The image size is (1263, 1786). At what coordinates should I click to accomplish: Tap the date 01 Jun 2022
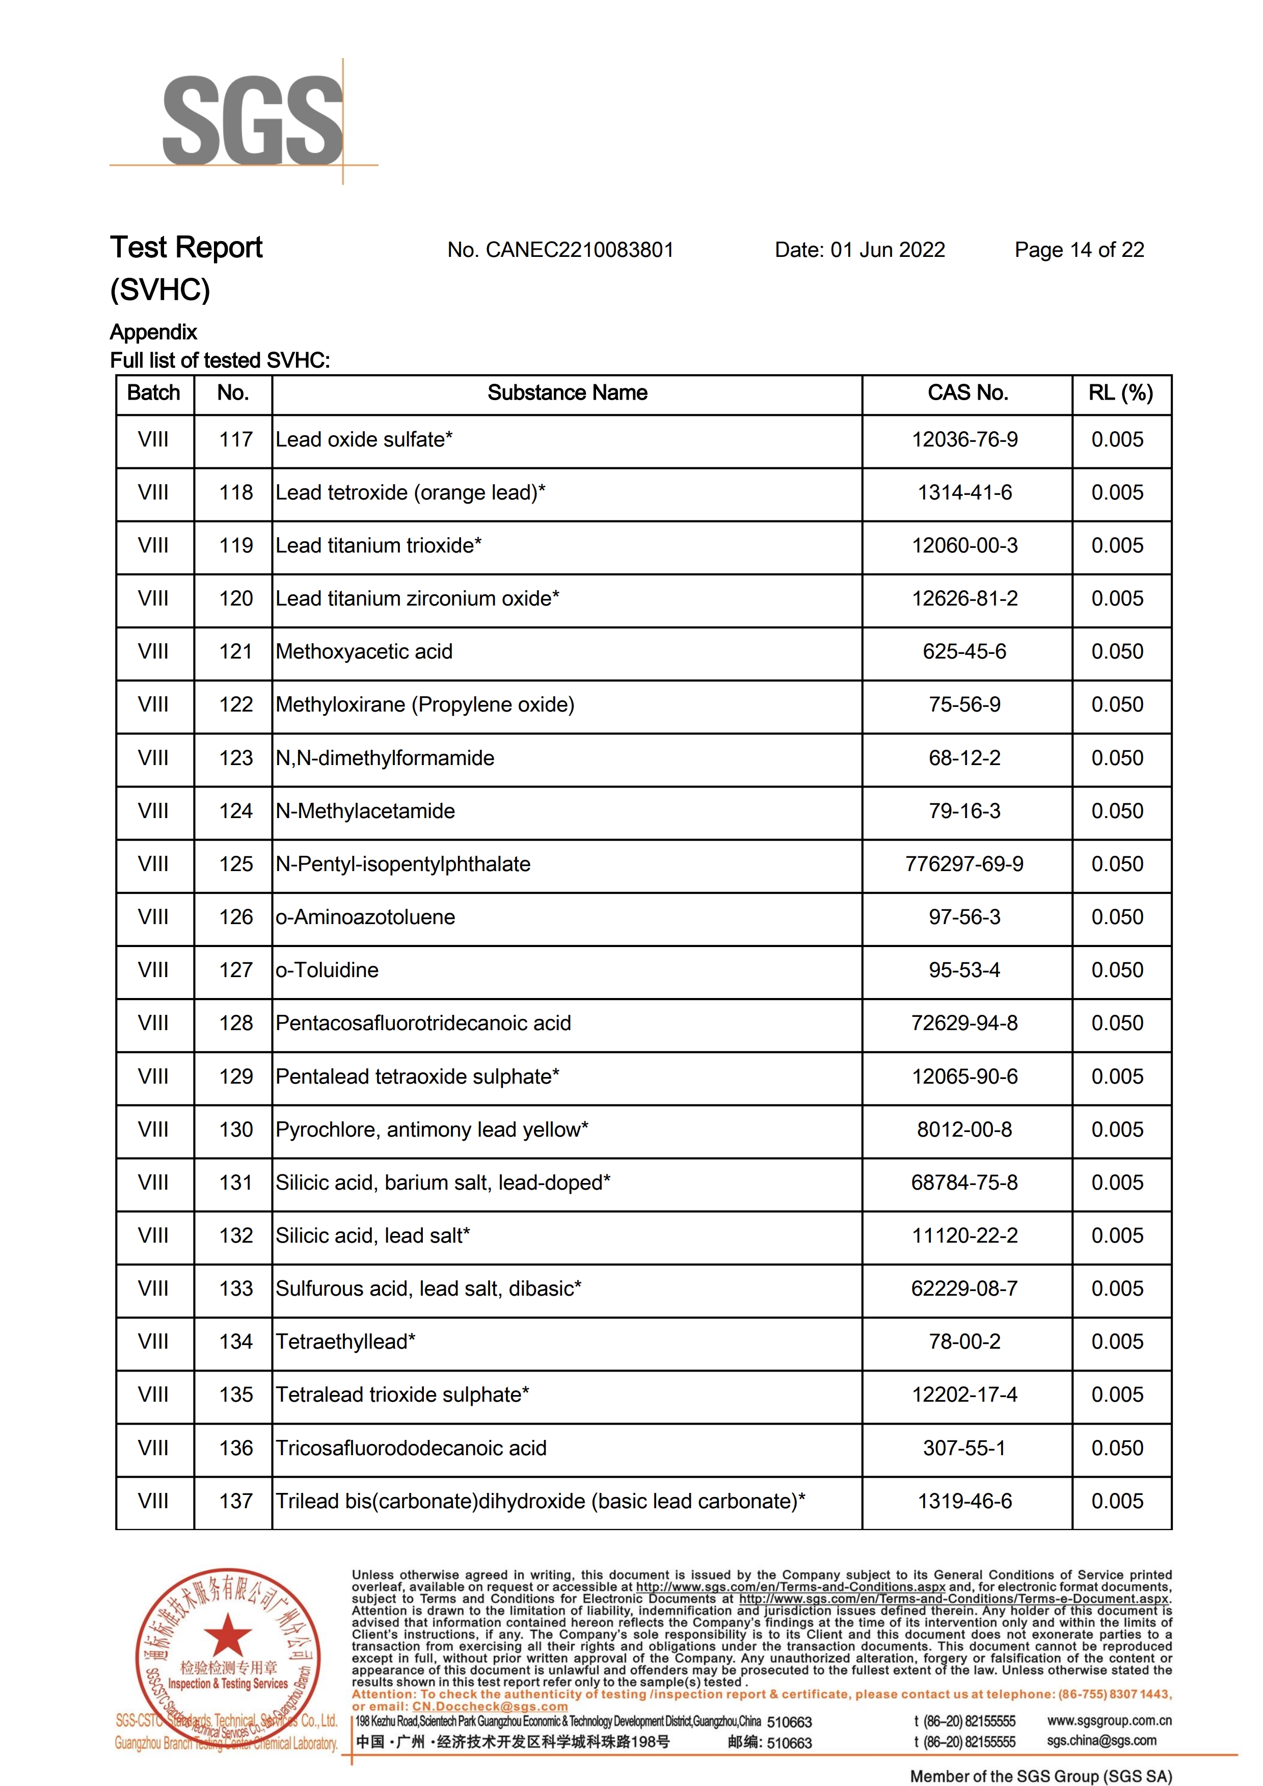(888, 250)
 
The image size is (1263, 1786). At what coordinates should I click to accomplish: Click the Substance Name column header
(567, 393)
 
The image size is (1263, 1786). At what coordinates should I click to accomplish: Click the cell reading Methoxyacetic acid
(364, 652)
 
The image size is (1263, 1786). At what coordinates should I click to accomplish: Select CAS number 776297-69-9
(964, 864)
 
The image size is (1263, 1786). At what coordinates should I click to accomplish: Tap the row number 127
(236, 970)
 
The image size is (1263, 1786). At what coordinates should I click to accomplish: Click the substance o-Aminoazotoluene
(365, 917)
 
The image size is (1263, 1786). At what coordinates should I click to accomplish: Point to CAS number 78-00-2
(964, 1342)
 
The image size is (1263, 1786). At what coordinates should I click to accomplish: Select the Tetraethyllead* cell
(345, 1342)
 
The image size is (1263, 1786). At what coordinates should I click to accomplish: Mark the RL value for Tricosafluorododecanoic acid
(1117, 1449)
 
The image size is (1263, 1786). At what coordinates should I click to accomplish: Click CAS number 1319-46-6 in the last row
(964, 1501)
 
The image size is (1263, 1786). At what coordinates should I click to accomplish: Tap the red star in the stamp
(227, 1634)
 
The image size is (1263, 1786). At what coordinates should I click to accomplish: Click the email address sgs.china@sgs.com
(1101, 1741)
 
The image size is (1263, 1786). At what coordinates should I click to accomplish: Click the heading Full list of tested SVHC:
(220, 361)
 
